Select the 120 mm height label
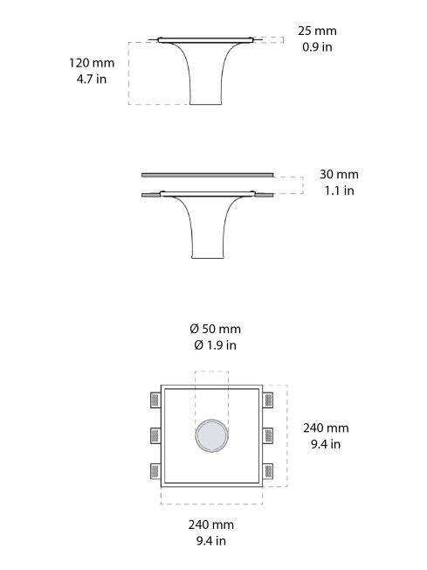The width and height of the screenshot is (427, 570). [91, 63]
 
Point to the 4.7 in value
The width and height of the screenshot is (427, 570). [91, 79]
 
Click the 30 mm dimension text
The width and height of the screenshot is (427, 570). [339, 175]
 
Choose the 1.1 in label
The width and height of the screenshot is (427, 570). [339, 191]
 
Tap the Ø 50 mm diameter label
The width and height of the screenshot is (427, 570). [215, 329]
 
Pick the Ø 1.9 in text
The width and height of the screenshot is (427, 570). [215, 344]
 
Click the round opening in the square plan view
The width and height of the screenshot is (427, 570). [211, 435]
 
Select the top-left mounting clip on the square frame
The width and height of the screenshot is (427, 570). [155, 400]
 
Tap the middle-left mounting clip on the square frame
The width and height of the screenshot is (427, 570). [155, 434]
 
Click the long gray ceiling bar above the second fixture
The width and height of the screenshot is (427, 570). [208, 175]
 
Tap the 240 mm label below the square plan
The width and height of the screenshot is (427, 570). [211, 525]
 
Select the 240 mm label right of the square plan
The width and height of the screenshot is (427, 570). [326, 427]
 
